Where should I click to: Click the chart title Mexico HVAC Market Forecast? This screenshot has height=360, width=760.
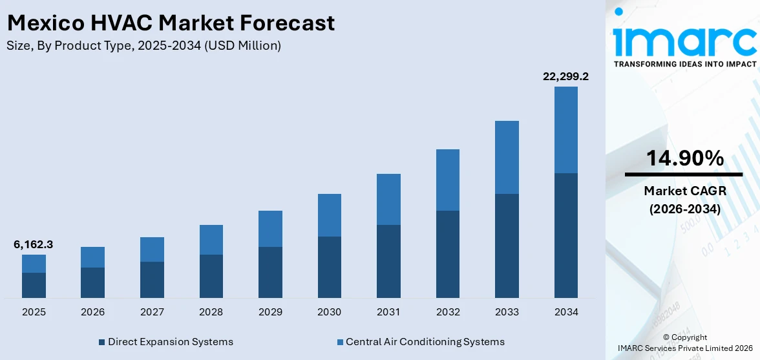(x=171, y=23)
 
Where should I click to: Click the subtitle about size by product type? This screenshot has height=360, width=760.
(x=143, y=46)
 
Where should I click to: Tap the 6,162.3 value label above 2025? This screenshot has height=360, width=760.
(x=33, y=244)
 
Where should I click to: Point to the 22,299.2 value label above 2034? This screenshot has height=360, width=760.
(x=565, y=76)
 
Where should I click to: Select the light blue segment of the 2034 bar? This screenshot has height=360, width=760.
(x=565, y=129)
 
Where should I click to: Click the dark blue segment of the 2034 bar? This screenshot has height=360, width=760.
(x=565, y=235)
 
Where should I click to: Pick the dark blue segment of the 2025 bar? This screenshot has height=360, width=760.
(x=34, y=285)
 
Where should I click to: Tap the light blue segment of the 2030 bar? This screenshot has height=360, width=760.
(x=329, y=215)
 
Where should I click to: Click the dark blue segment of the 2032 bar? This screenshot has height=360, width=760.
(x=447, y=254)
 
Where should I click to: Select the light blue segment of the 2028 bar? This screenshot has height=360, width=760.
(x=211, y=240)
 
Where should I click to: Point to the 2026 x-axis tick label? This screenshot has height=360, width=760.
(x=92, y=312)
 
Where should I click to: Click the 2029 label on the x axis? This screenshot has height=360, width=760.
(x=270, y=312)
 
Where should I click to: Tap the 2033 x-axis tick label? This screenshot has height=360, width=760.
(x=507, y=312)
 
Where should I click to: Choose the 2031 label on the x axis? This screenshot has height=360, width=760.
(x=388, y=312)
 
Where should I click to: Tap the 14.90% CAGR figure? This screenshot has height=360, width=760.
(x=684, y=158)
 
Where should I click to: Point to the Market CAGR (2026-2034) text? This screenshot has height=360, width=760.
(x=684, y=200)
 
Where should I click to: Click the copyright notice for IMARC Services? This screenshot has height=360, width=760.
(x=684, y=343)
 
